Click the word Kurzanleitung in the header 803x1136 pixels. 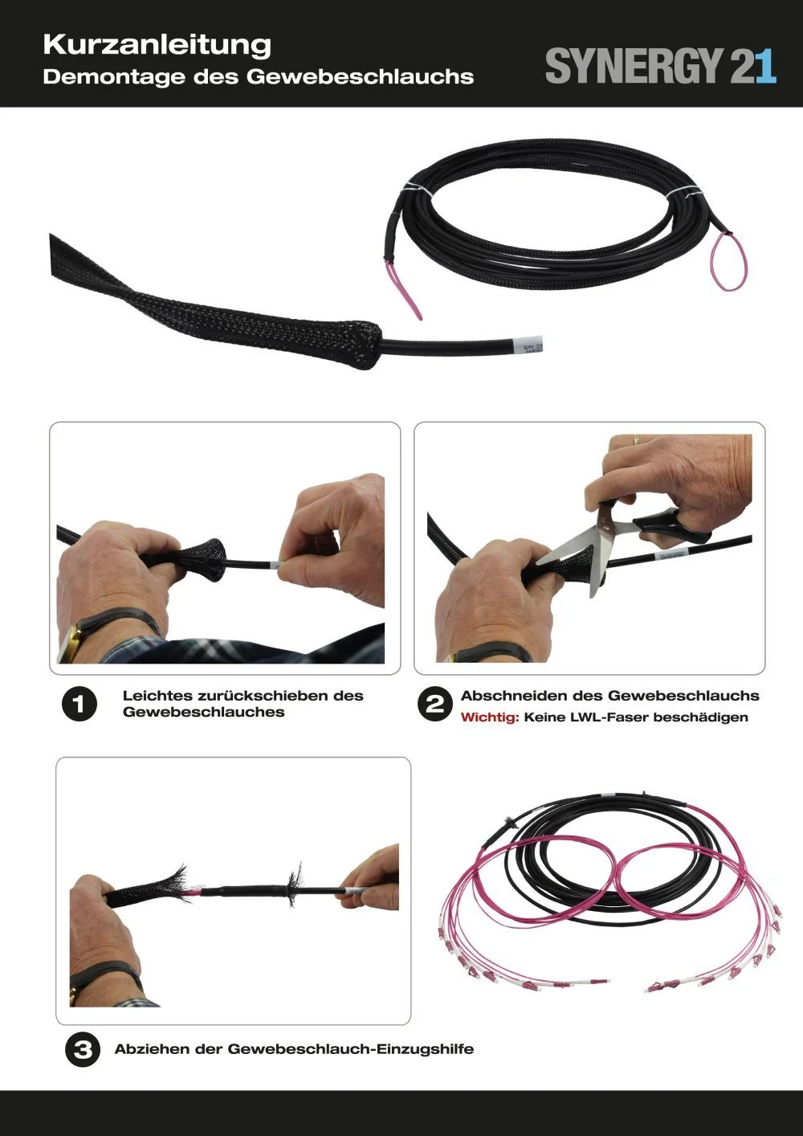click(x=157, y=45)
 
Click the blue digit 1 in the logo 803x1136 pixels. click(x=765, y=66)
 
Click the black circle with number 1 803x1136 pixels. click(x=79, y=705)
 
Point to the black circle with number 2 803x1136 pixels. click(x=434, y=705)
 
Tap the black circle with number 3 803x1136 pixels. click(x=82, y=1049)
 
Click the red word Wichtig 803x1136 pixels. click(x=490, y=717)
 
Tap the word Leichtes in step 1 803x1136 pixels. click(x=157, y=696)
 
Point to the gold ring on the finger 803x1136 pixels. click(x=636, y=439)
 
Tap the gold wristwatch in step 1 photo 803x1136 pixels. click(x=71, y=642)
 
